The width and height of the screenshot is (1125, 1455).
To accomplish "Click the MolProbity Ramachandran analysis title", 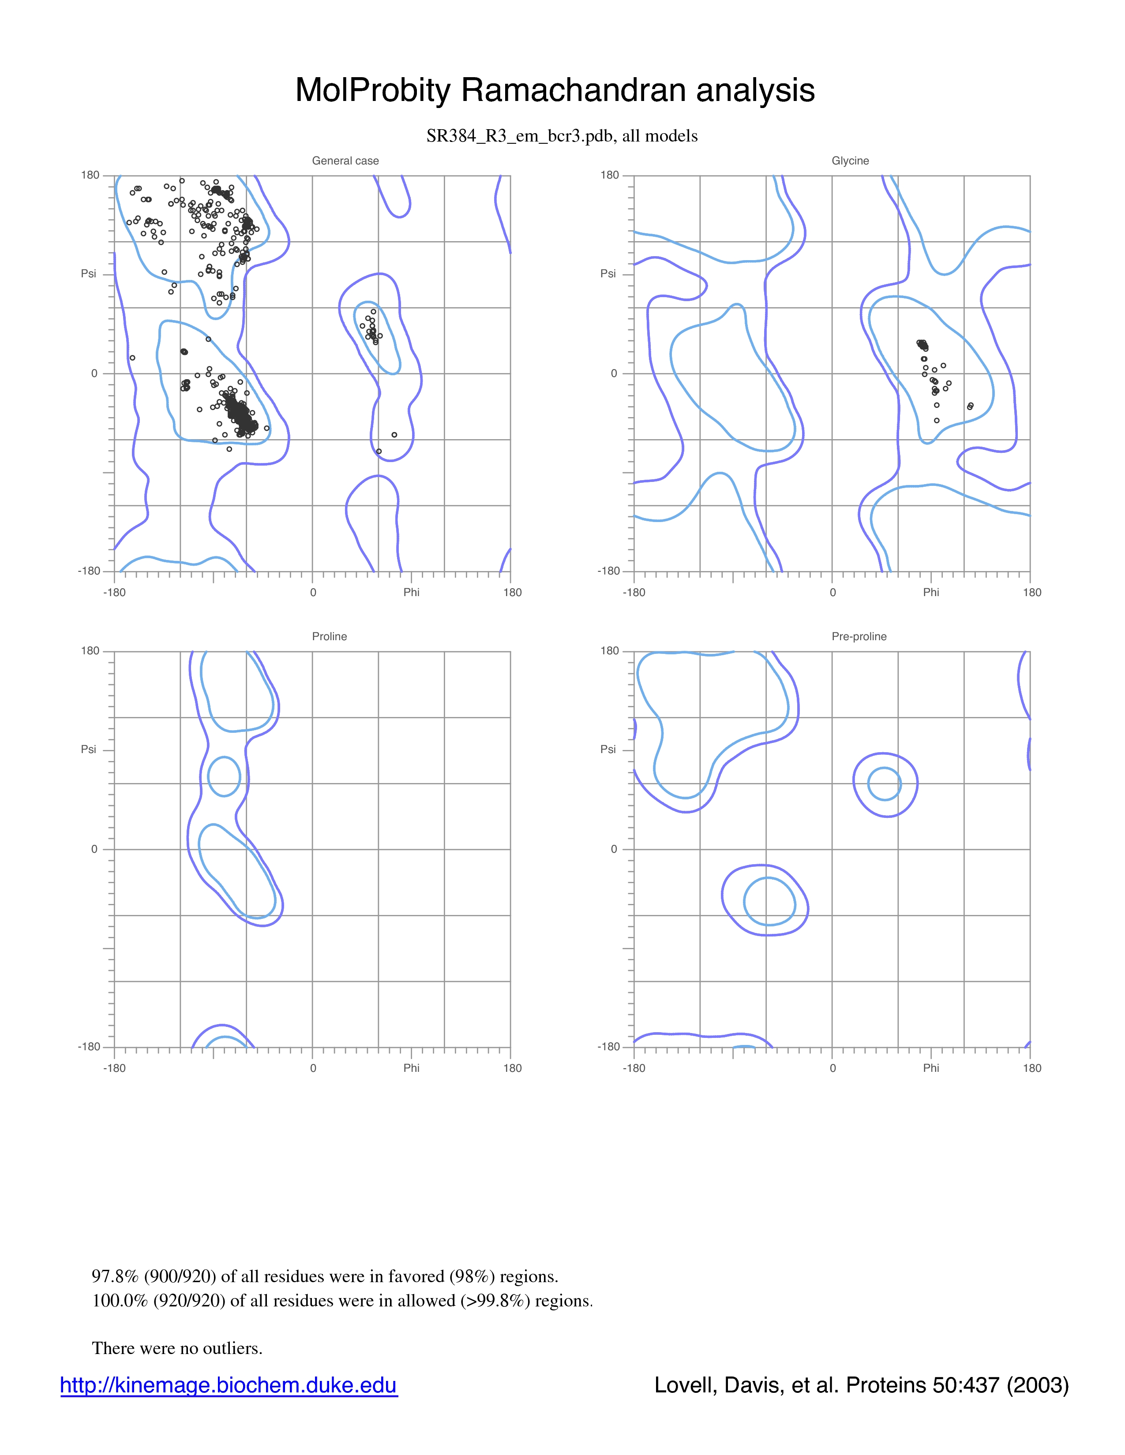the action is [555, 90].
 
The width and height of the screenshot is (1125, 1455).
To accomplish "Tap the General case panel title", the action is [345, 160].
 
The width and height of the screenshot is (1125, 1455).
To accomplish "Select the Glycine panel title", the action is [851, 160].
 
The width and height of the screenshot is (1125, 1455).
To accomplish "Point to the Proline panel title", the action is [329, 636].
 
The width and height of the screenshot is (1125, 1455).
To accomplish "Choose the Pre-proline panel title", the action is [859, 636].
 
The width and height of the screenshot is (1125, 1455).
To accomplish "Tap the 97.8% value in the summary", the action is [115, 1276].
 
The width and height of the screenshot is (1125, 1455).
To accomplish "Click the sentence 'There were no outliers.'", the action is [177, 1348].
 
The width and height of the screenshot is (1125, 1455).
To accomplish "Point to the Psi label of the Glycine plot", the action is [608, 274].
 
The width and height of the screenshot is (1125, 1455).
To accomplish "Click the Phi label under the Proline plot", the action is [411, 1068].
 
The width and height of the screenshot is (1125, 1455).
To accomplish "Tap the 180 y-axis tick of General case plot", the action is [90, 175].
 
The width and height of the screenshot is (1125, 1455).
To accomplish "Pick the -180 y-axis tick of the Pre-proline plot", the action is [608, 1047].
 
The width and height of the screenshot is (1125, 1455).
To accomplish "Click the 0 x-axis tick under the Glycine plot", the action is [832, 592].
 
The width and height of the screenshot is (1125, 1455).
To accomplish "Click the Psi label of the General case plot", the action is [89, 274].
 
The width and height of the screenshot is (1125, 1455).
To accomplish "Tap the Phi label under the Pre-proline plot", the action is [931, 1068].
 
